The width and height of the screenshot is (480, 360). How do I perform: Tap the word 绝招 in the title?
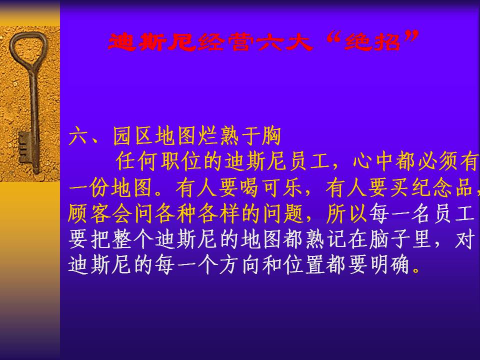[x=372, y=41]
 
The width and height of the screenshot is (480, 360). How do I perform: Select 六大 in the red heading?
[x=285, y=41]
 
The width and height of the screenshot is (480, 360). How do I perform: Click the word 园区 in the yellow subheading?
[x=133, y=135]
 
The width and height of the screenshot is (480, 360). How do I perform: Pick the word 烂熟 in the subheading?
[x=218, y=135]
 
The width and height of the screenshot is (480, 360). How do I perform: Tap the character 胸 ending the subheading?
[x=271, y=135]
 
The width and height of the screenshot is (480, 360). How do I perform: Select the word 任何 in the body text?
[x=137, y=161]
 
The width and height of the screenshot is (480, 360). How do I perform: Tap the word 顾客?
[x=89, y=213]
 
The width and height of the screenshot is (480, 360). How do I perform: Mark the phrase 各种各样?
[x=197, y=213]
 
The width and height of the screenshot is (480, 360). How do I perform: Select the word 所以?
[x=347, y=213]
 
